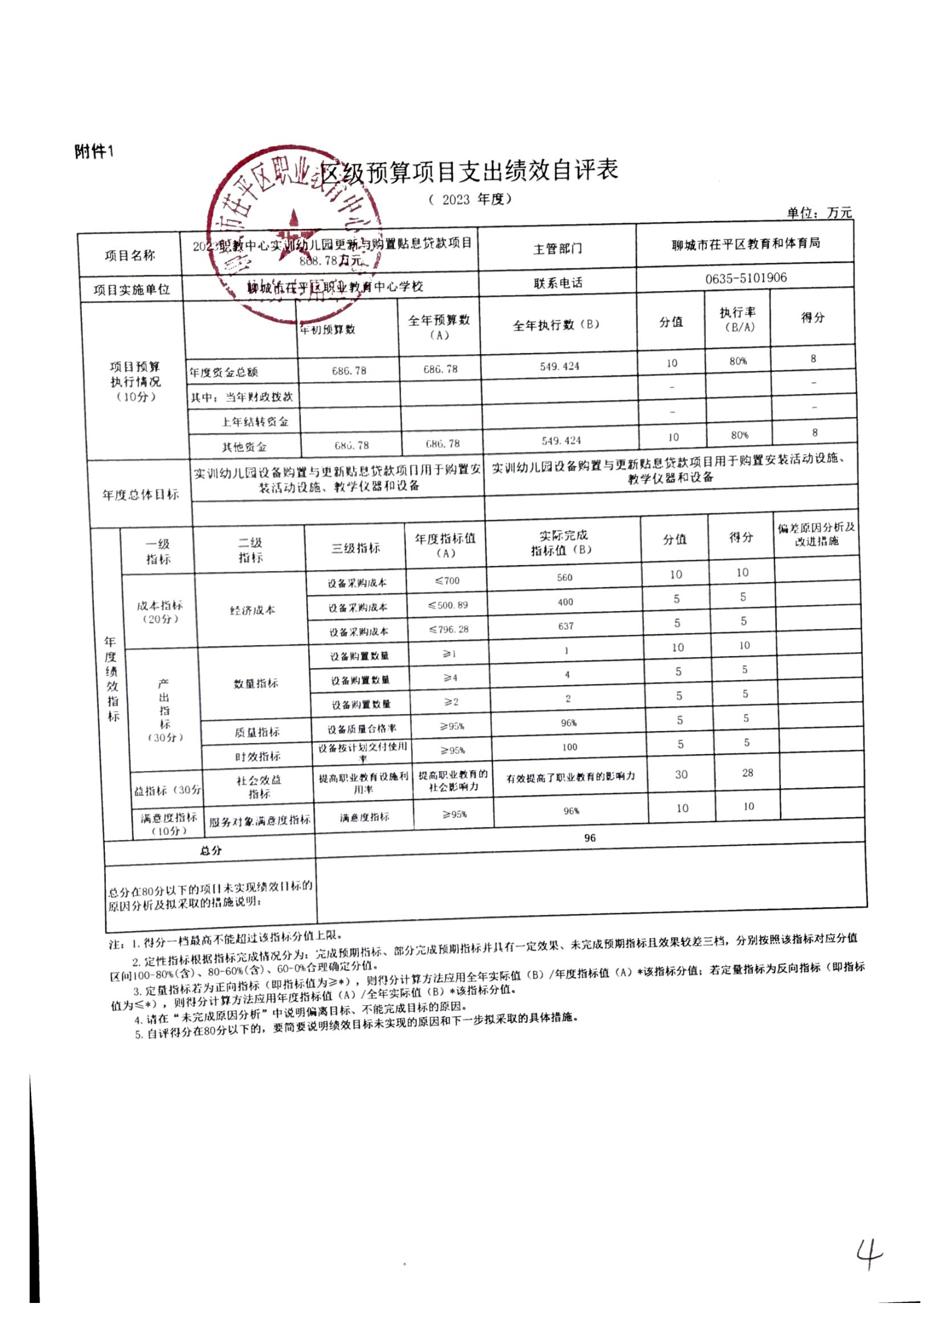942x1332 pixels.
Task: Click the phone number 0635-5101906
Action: click(x=746, y=278)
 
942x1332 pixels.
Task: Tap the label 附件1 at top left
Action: click(x=94, y=152)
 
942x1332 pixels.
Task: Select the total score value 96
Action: click(x=590, y=838)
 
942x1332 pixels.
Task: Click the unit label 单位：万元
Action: click(x=819, y=213)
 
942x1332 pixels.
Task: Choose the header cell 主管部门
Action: click(x=558, y=249)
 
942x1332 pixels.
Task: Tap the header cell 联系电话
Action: click(x=558, y=283)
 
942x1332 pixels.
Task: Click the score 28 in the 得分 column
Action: click(x=748, y=773)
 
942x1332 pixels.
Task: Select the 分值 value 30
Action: click(x=681, y=774)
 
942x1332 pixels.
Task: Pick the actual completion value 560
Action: click(x=564, y=578)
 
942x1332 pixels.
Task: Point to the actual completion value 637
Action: click(x=566, y=626)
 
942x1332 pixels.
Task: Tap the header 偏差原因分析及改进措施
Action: click(x=816, y=534)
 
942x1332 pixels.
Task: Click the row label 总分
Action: click(x=211, y=850)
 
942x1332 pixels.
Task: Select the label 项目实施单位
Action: click(x=132, y=290)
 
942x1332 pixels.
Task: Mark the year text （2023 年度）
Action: click(x=470, y=199)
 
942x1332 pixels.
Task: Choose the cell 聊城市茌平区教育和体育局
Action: click(x=746, y=244)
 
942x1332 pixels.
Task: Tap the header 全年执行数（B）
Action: click(x=556, y=325)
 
